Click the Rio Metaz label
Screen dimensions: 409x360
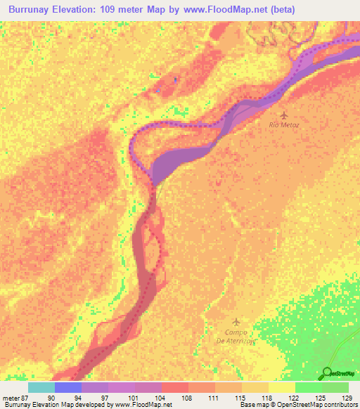click(284, 124)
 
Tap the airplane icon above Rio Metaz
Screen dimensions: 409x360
click(284, 115)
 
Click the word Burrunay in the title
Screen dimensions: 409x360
click(37, 9)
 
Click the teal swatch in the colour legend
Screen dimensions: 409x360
click(41, 387)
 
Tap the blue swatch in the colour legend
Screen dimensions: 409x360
click(67, 387)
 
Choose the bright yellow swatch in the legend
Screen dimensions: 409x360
click(281, 387)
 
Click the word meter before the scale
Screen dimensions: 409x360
click(9, 398)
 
